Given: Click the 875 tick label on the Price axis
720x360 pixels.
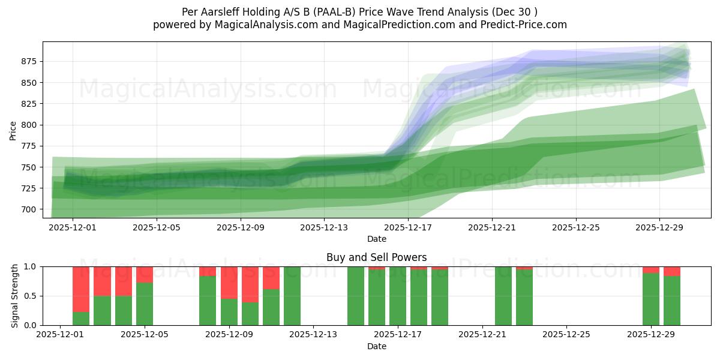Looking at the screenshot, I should tap(28, 61).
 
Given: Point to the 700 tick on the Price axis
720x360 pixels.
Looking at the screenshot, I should tap(28, 209).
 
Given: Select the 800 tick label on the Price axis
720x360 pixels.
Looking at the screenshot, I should tap(28, 125).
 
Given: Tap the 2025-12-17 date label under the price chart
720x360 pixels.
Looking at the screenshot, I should tap(408, 228).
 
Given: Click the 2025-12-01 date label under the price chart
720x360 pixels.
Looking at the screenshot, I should tap(73, 228).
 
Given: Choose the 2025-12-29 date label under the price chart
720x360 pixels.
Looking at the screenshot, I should tap(659, 228).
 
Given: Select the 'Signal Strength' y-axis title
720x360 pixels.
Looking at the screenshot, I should tap(15, 296).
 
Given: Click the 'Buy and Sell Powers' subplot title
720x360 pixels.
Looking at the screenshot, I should tap(376, 257).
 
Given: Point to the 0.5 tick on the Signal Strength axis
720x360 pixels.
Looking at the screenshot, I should tap(29, 296).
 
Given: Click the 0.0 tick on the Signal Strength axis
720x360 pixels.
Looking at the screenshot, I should tap(29, 325).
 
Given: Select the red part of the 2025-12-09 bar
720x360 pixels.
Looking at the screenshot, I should tap(229, 282).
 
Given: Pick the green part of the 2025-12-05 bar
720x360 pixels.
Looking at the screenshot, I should tap(145, 304).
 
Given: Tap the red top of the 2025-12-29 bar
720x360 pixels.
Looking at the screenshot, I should tap(651, 269).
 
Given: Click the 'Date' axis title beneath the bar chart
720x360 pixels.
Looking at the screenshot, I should tap(376, 346).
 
